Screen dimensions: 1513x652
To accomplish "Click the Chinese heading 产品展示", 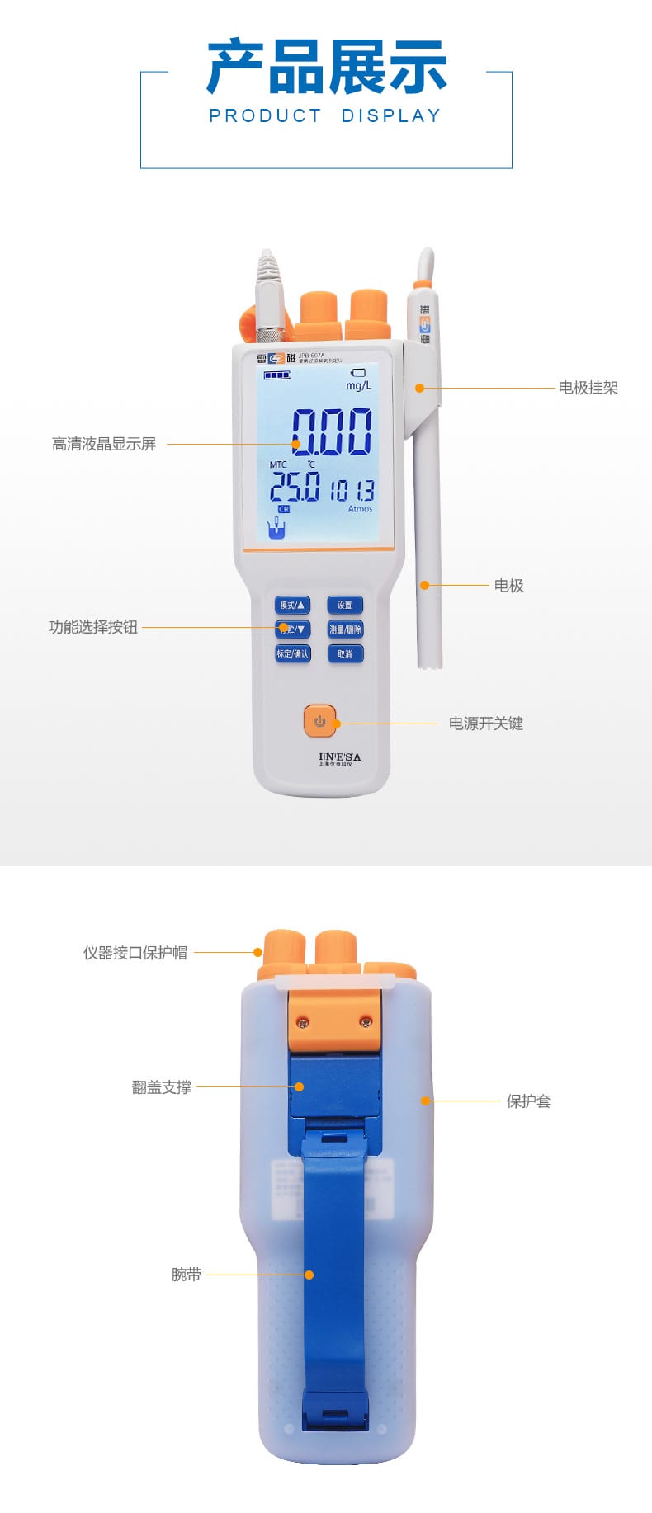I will (326, 67).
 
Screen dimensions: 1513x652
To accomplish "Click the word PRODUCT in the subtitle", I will (265, 116).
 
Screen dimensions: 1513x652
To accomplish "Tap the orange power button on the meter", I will (320, 721).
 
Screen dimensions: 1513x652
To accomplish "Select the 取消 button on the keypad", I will (345, 654).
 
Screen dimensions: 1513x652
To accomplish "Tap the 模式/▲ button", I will (292, 606).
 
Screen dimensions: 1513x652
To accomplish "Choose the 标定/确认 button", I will (292, 654).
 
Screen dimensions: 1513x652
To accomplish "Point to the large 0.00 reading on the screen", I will (331, 432).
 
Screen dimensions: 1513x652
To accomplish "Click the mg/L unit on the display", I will (358, 386).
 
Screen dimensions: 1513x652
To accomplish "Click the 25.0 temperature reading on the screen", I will (295, 487).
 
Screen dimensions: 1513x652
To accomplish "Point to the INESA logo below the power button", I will (339, 756).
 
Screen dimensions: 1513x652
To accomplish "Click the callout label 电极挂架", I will (588, 388).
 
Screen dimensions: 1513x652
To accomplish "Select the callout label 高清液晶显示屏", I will (104, 445).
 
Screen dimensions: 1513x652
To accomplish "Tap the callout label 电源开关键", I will (485, 724).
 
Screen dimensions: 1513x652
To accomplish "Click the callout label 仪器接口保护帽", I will (135, 953).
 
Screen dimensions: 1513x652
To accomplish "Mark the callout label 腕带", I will (187, 1275).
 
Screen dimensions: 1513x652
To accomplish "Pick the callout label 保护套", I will (528, 1101).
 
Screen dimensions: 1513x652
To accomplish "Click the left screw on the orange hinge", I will (304, 1023).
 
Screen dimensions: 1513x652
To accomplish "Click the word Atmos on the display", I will (360, 509).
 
